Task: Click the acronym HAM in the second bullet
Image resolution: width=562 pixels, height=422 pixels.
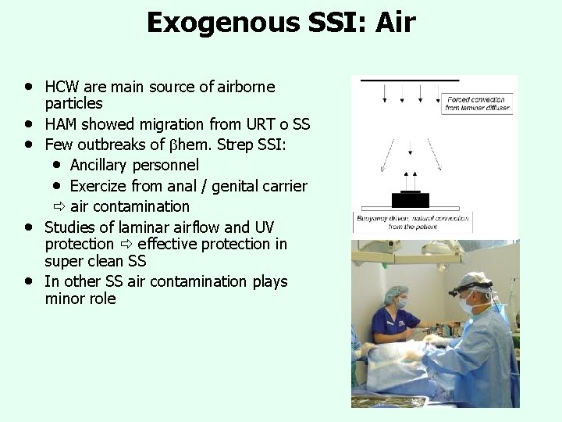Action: pos(62,125)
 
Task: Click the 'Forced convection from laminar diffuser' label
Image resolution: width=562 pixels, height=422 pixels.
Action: pos(477,103)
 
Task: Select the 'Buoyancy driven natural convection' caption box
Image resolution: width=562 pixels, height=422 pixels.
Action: pos(411,221)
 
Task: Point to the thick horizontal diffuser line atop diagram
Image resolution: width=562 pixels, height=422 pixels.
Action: pos(409,80)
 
